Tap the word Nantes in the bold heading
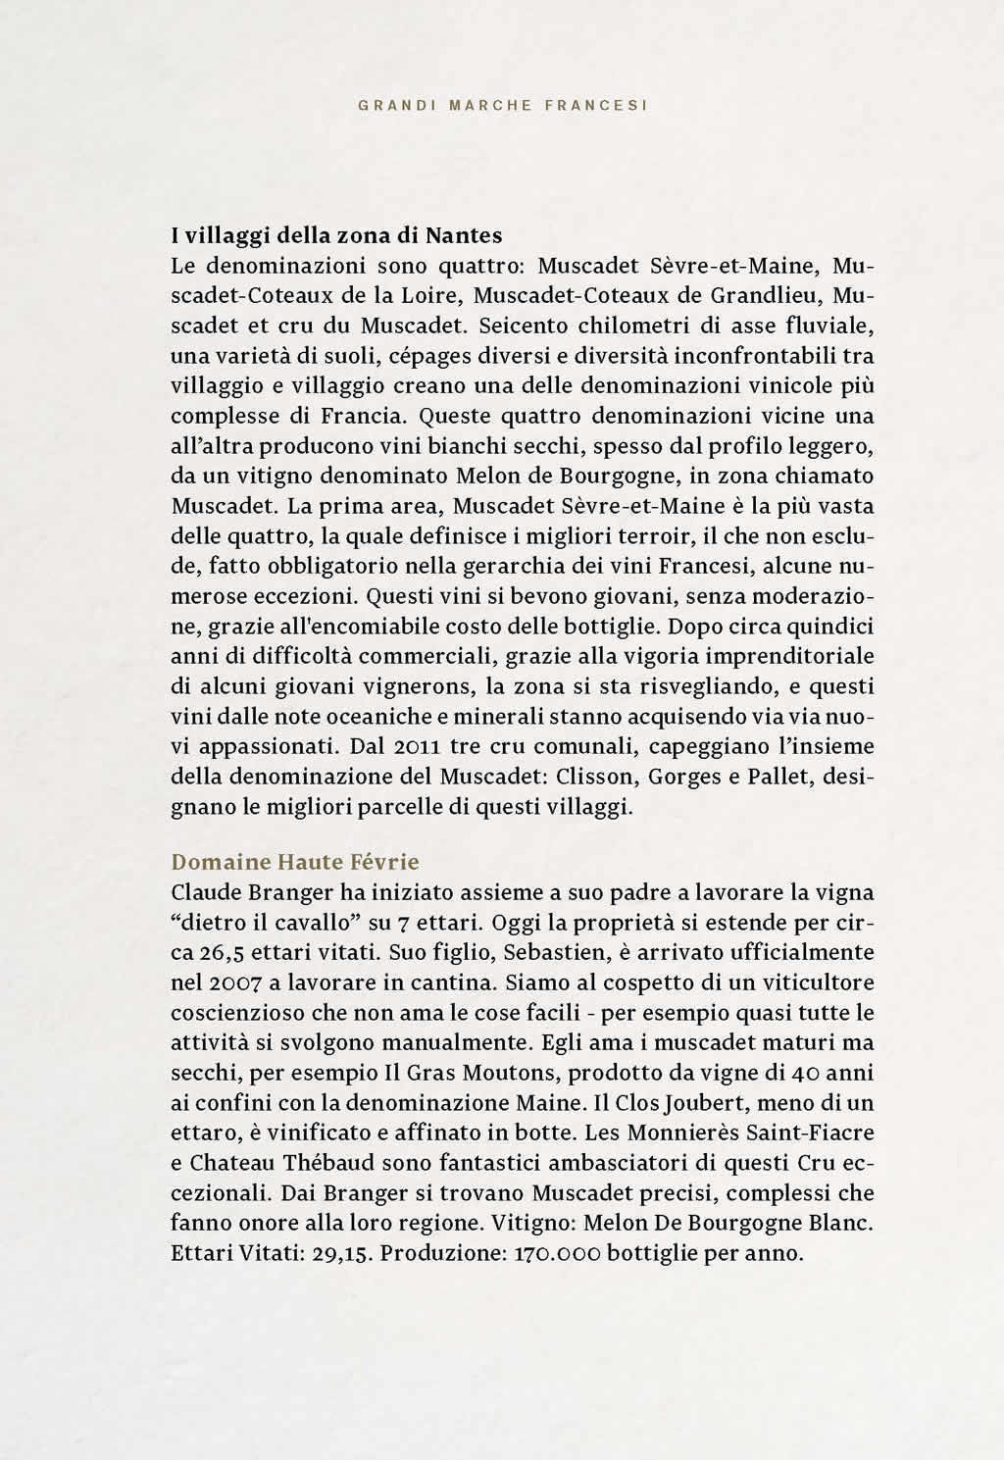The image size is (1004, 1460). point(463,235)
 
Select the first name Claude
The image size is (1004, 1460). point(203,893)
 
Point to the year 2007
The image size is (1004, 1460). point(235,983)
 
